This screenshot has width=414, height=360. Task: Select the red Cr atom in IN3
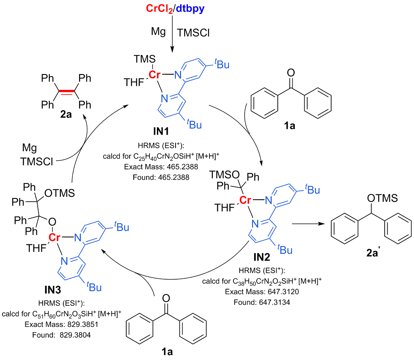click(55, 238)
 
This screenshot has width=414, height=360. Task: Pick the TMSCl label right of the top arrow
click(193, 32)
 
